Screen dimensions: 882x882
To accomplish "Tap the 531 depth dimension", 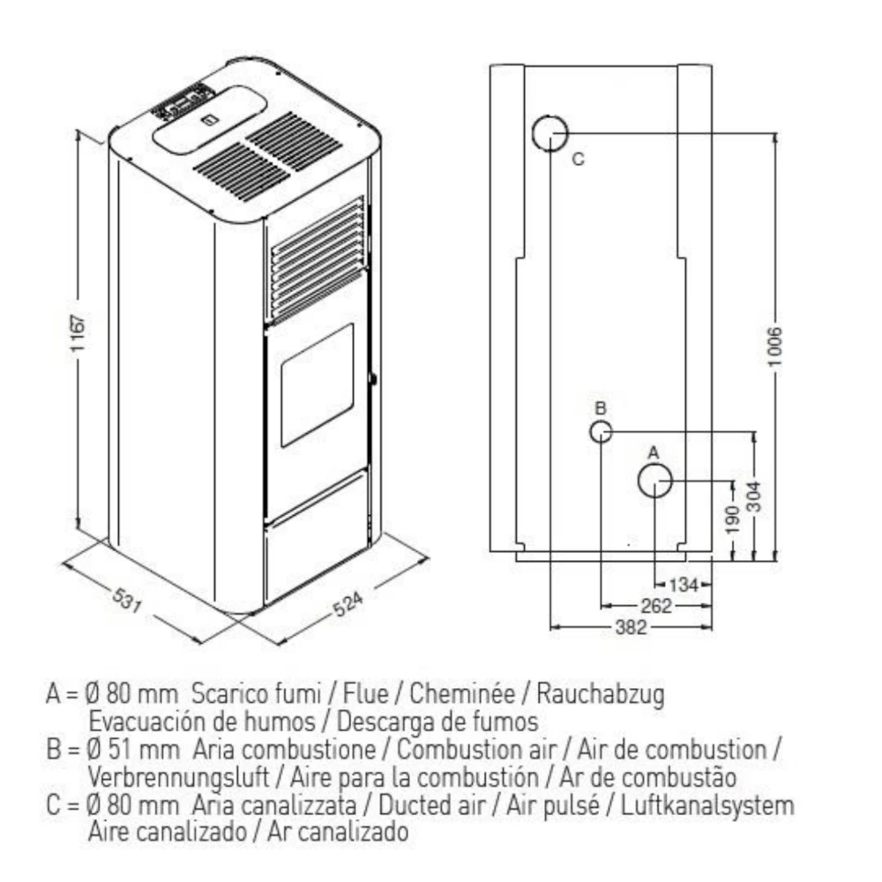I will [129, 603].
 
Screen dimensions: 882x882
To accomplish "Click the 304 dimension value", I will [755, 499].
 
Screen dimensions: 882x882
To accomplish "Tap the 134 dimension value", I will [684, 584].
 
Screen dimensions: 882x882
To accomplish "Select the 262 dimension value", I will [656, 606].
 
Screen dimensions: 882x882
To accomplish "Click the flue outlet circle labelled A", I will [655, 481].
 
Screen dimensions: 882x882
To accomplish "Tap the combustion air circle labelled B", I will [600, 431].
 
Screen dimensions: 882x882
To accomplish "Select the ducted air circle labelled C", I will [549, 133].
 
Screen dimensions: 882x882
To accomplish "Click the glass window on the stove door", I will [317, 385].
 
